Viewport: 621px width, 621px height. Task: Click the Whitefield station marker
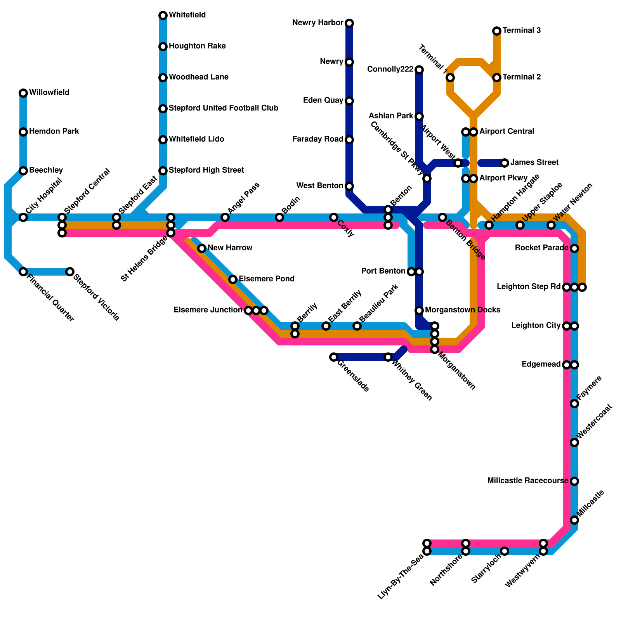click(163, 16)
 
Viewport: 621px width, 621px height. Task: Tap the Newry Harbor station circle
click(349, 23)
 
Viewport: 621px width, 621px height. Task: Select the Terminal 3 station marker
click(497, 31)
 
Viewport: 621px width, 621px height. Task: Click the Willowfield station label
click(49, 93)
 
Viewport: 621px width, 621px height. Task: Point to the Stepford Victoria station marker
click(70, 272)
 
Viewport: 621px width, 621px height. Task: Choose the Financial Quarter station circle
click(23, 272)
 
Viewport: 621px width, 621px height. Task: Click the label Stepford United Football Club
click(224, 108)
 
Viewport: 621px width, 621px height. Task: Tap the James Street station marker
click(505, 163)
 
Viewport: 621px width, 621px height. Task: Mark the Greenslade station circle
click(334, 357)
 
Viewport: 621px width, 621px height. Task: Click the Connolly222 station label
click(390, 69)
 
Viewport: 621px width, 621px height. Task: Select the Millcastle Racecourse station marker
click(574, 481)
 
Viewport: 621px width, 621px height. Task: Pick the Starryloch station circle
click(505, 551)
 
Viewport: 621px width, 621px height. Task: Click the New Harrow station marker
click(202, 248)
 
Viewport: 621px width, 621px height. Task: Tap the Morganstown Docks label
click(463, 310)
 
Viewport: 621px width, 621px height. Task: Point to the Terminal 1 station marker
click(450, 78)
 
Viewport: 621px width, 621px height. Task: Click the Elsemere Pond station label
click(267, 279)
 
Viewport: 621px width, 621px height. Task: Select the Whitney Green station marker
click(388, 357)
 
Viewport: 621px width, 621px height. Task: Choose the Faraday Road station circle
click(349, 140)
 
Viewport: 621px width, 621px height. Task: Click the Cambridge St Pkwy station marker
click(427, 179)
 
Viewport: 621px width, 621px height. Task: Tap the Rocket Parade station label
click(542, 248)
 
